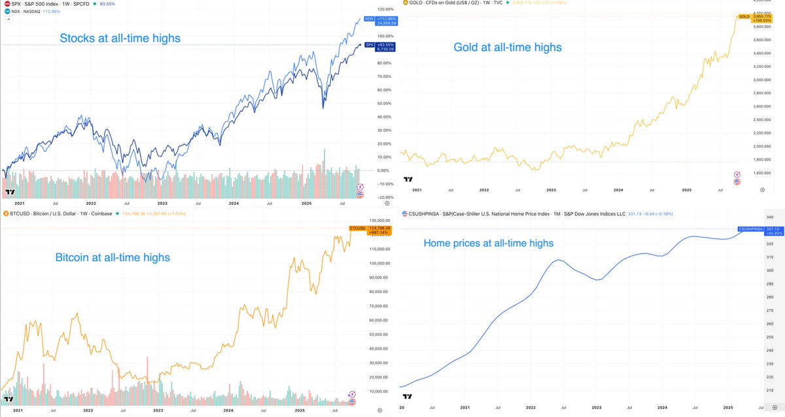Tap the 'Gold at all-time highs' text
508,47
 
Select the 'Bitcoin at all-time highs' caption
112,257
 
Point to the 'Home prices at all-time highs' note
488,243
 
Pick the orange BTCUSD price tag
357,230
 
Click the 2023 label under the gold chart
551,189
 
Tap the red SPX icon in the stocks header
6,4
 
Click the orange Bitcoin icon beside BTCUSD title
6,213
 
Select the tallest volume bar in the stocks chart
324,164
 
